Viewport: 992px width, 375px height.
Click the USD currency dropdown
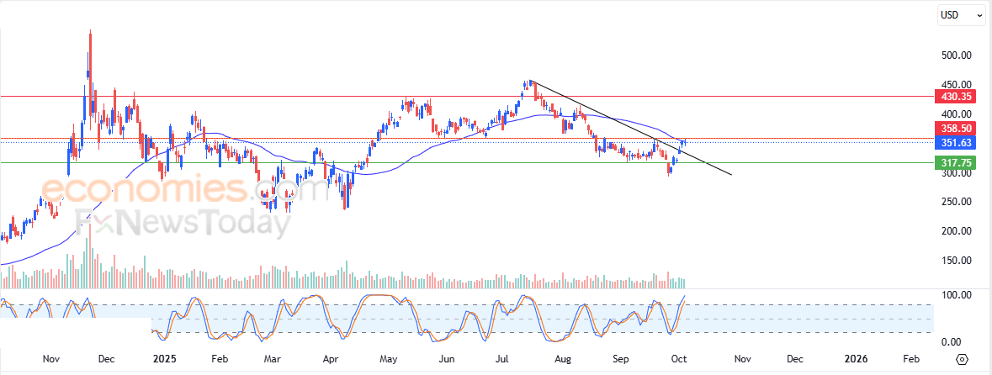tap(961, 14)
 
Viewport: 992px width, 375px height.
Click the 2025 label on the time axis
tap(164, 358)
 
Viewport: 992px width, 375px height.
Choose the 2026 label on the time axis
tap(856, 358)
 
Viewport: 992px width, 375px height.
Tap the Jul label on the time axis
tap(502, 358)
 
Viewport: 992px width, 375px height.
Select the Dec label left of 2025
tap(106, 358)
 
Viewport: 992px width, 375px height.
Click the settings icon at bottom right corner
tap(963, 358)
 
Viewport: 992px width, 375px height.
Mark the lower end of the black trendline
tap(731, 175)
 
